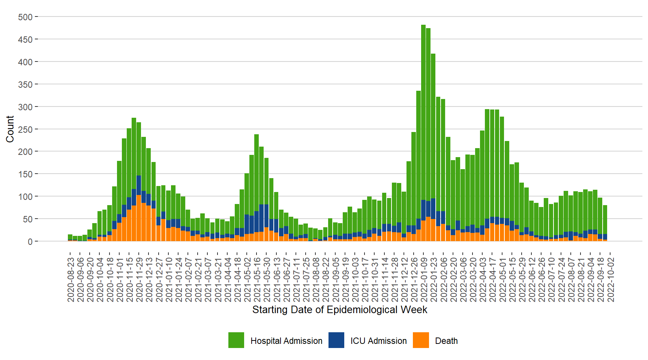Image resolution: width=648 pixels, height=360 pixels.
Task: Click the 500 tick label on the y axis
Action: pyautogui.click(x=25, y=17)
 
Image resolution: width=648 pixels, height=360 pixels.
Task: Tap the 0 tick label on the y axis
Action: pyautogui.click(x=30, y=241)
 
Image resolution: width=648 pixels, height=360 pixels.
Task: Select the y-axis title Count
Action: pyautogui.click(x=10, y=129)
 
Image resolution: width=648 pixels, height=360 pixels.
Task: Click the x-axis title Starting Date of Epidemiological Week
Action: pyautogui.click(x=339, y=310)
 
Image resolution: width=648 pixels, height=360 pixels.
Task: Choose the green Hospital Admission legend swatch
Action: pyautogui.click(x=236, y=340)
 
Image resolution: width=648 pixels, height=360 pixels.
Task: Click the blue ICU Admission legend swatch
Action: pyautogui.click(x=336, y=340)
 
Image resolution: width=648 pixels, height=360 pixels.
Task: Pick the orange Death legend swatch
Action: pyautogui.click(x=421, y=340)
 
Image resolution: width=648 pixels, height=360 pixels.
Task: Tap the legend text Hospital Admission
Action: pyautogui.click(x=286, y=341)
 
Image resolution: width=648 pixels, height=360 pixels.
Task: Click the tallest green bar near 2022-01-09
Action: pyautogui.click(x=423, y=112)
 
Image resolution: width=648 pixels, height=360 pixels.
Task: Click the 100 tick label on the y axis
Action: pyautogui.click(x=25, y=196)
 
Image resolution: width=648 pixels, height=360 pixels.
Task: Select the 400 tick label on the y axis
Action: pyautogui.click(x=25, y=62)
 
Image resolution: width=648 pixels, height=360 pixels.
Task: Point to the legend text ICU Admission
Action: pyautogui.click(x=378, y=341)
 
